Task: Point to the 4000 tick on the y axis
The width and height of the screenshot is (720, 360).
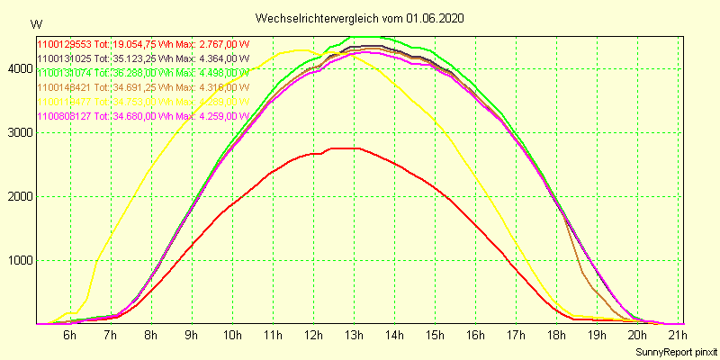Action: click(19, 68)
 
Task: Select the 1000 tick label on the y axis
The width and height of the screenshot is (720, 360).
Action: click(19, 261)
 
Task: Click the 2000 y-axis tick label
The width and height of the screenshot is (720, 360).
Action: click(19, 197)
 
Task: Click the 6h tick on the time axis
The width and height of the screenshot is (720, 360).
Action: click(69, 336)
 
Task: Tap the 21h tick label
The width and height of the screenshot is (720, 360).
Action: click(679, 336)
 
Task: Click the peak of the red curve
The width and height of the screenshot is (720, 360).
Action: click(346, 148)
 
